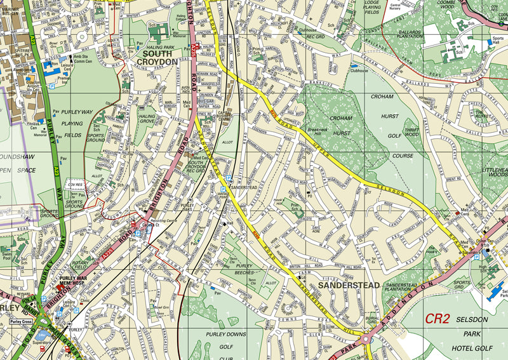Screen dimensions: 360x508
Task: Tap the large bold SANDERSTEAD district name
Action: (349, 286)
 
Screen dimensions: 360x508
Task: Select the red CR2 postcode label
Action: (438, 319)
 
